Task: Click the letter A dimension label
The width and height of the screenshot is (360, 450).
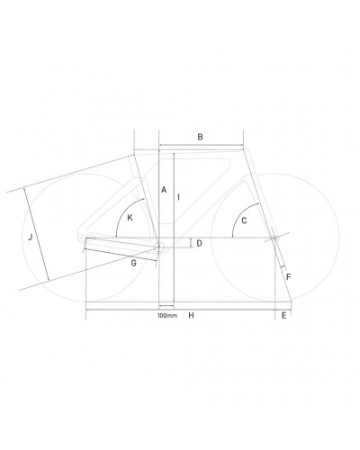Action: [x=164, y=190]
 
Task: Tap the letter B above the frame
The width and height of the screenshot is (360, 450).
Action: [x=200, y=137]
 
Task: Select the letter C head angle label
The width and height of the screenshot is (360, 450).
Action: [x=244, y=220]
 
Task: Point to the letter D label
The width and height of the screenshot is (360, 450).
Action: [x=199, y=243]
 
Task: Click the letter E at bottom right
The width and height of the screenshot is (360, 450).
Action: [x=283, y=315]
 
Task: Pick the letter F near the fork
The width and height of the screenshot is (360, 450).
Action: [x=289, y=277]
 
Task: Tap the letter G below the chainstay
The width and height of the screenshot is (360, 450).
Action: [x=134, y=263]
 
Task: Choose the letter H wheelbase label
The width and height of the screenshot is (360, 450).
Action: [x=192, y=315]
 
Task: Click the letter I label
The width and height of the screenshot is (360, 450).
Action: [x=179, y=197]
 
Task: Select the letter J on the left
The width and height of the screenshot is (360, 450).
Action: [x=30, y=238]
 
